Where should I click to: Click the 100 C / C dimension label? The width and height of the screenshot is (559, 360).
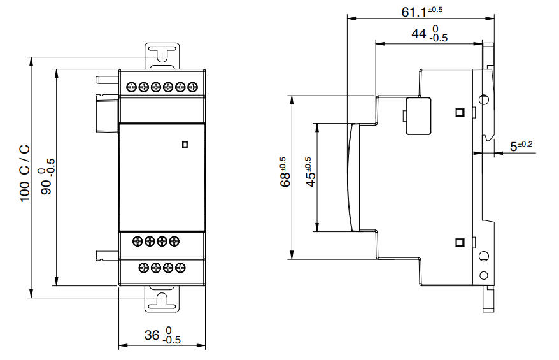24,173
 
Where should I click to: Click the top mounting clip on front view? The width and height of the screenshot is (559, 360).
163,55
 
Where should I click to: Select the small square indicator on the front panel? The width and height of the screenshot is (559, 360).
185,145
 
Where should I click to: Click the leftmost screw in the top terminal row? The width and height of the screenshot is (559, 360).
132,87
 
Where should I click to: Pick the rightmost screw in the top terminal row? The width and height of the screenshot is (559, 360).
193,87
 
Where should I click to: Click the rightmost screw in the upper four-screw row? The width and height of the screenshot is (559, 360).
174,241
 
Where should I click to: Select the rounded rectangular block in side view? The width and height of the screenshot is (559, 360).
418,116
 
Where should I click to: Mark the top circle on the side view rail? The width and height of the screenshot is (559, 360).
484,100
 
